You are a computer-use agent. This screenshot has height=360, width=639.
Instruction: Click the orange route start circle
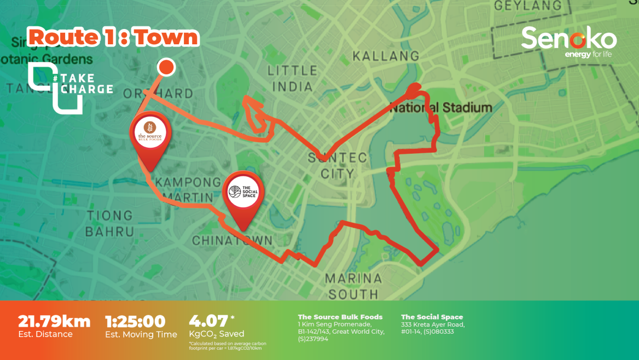[166, 67]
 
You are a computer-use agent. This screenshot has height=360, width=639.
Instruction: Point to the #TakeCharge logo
[70, 87]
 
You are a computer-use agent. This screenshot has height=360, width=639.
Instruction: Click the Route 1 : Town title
[113, 37]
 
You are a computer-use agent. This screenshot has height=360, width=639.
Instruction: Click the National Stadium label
[441, 107]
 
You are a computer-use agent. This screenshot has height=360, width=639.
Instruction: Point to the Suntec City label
[337, 166]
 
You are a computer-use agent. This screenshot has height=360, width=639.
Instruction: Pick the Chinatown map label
[232, 241]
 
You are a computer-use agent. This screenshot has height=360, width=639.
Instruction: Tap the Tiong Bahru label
[109, 223]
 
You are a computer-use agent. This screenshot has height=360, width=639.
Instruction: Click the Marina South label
[353, 286]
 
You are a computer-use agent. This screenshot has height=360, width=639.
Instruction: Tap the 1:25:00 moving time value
[135, 321]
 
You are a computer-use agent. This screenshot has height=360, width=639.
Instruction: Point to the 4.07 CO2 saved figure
[208, 321]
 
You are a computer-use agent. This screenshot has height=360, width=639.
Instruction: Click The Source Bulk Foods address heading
[340, 317]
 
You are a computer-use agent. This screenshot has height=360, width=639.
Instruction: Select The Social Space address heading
[432, 317]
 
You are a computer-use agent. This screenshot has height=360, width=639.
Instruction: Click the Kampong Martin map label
[184, 189]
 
